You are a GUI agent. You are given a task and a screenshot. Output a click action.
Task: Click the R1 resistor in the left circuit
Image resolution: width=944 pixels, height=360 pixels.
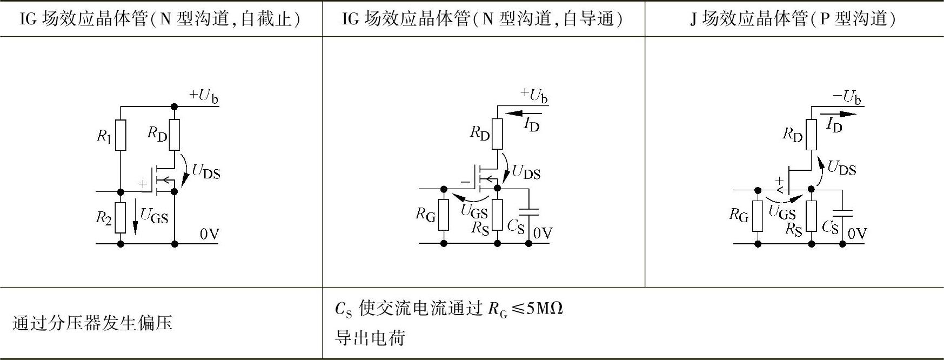click(120, 135)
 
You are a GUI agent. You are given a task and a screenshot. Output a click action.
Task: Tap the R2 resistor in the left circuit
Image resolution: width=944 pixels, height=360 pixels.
click(120, 217)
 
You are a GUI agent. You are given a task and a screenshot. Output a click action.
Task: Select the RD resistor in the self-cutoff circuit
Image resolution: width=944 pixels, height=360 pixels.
click(174, 135)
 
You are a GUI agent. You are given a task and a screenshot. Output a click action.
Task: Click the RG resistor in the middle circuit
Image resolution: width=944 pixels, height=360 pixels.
click(444, 215)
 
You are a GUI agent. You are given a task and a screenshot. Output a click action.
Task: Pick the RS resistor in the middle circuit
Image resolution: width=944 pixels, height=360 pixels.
click(497, 215)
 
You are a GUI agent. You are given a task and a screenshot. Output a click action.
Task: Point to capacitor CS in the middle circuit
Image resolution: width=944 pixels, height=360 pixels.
click(528, 212)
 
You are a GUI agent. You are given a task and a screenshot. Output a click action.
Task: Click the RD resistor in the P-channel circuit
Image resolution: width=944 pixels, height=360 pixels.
click(811, 134)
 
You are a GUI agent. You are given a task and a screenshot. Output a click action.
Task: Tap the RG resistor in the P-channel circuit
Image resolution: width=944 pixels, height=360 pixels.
click(758, 216)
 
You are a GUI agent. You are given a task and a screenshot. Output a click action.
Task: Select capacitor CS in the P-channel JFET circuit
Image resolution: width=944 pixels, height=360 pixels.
click(843, 212)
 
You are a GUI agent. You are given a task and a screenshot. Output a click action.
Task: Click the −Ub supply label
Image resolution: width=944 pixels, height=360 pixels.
click(847, 97)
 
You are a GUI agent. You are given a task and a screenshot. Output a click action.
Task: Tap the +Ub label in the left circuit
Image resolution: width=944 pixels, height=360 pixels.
click(204, 96)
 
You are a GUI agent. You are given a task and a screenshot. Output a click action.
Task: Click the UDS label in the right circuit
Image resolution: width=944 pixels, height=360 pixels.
click(841, 168)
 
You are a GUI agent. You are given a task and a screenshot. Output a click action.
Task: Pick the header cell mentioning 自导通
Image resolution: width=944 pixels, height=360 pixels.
click(483, 19)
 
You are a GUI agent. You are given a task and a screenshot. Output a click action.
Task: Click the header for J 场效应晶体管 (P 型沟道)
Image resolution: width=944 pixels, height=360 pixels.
click(793, 19)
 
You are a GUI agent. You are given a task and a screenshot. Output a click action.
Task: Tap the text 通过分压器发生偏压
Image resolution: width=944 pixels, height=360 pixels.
click(92, 323)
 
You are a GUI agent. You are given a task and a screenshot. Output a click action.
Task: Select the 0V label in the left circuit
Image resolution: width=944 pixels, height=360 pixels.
click(209, 234)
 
